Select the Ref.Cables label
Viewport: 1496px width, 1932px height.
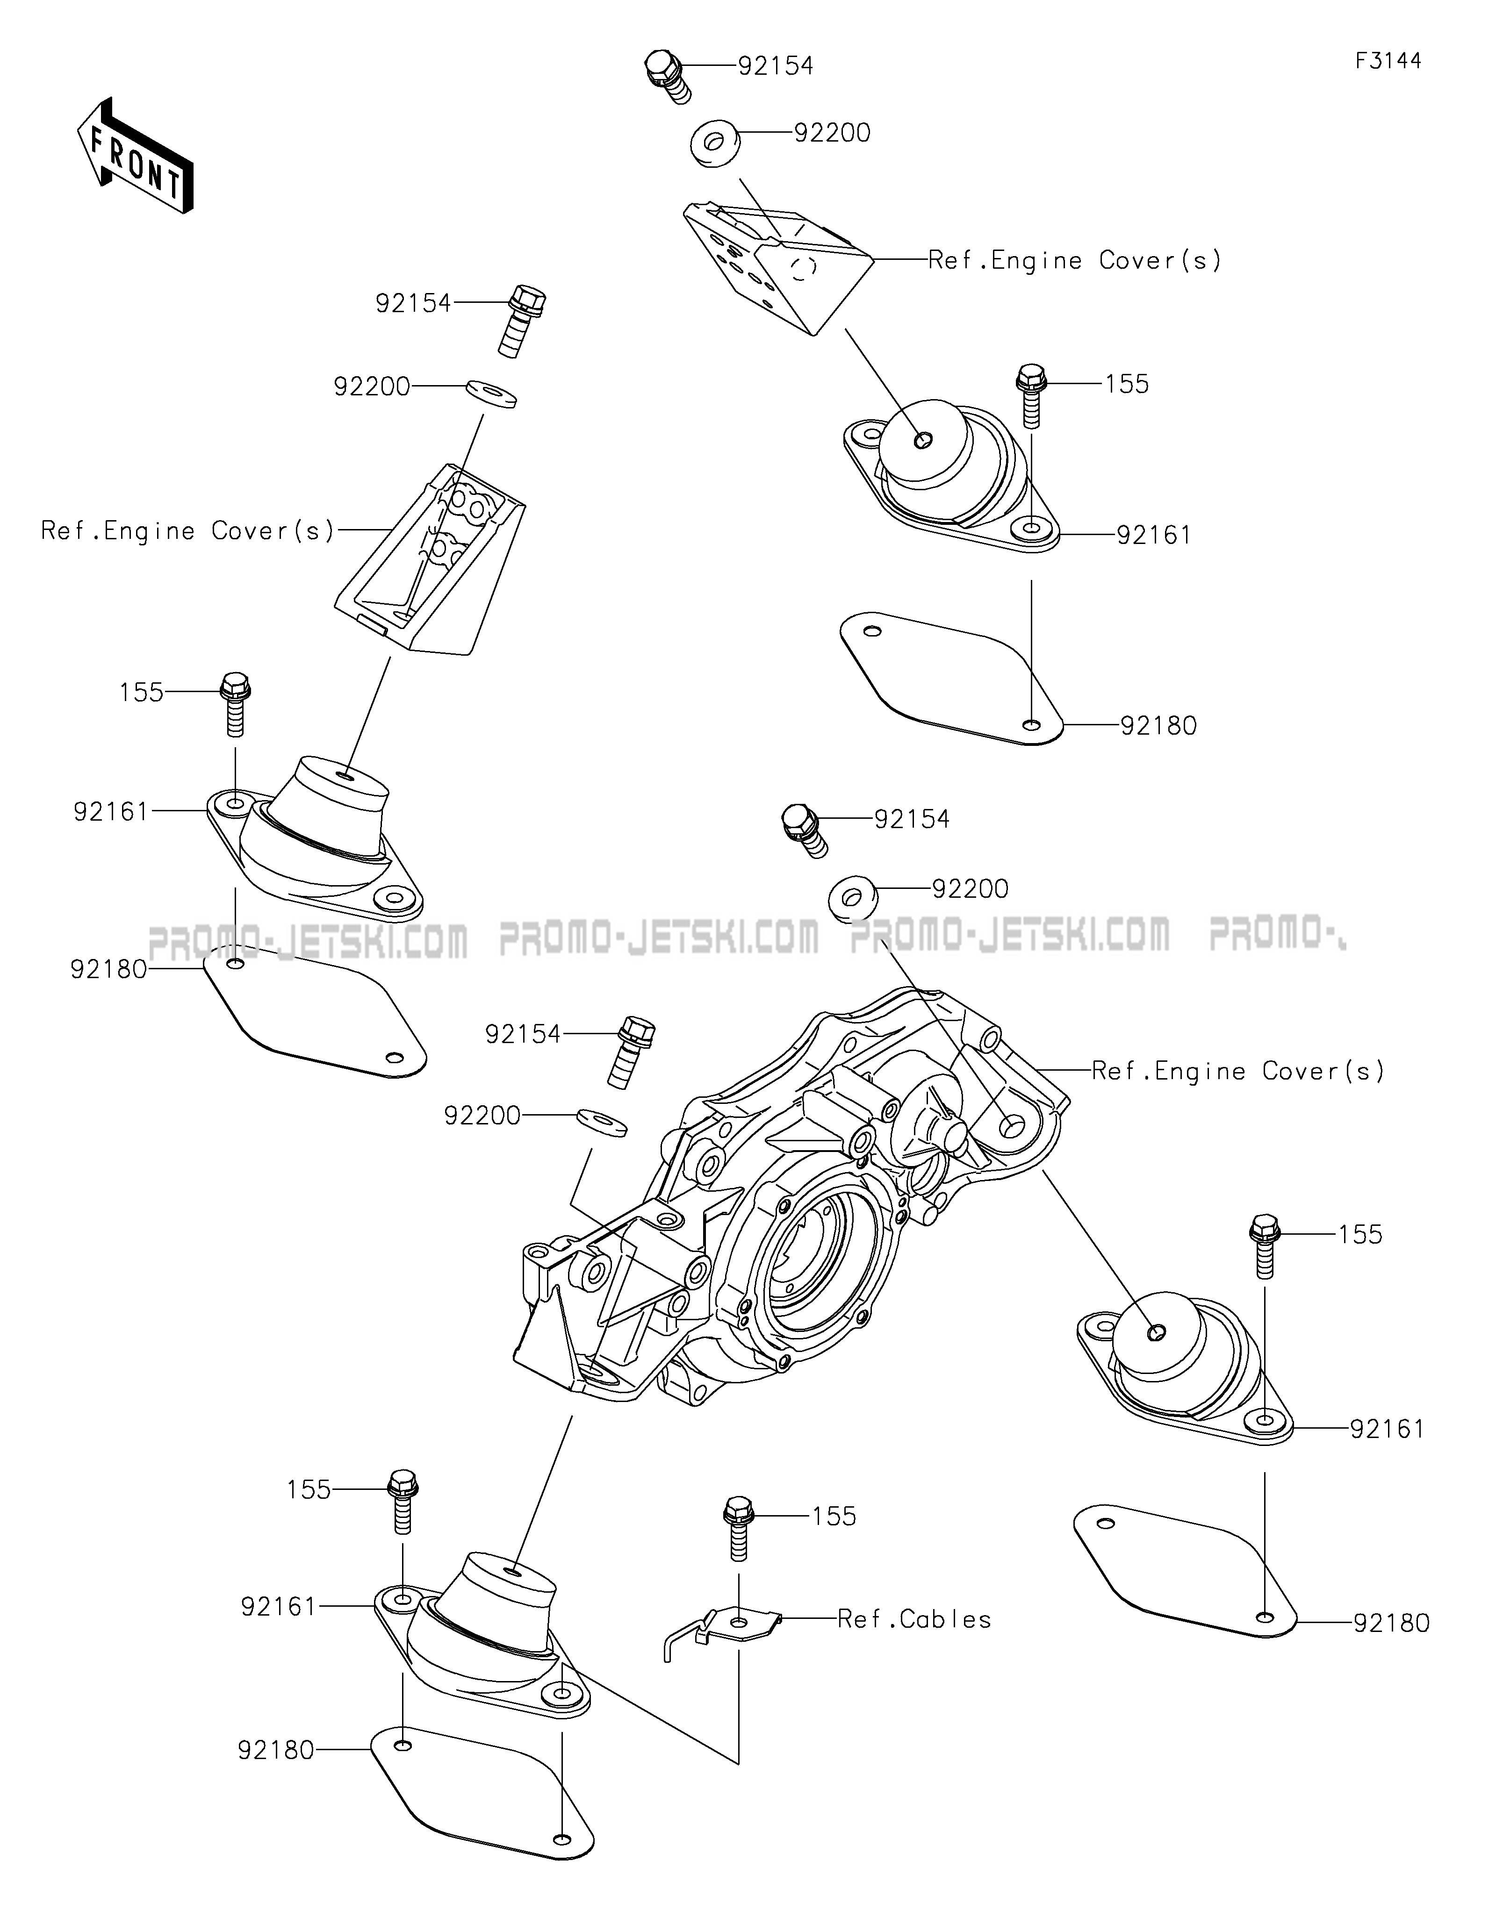pyautogui.click(x=914, y=1619)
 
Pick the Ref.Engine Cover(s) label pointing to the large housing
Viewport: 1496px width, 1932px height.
pyautogui.click(x=1237, y=1071)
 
